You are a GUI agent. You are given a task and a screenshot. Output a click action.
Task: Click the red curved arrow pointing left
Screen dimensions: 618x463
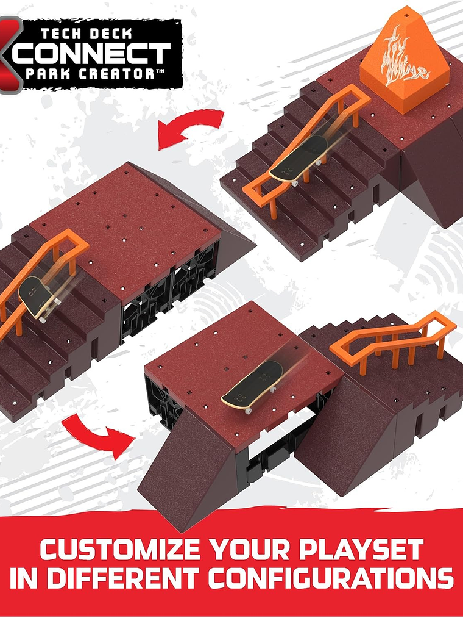189,126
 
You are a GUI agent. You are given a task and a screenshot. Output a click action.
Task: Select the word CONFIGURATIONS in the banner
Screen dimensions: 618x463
341,578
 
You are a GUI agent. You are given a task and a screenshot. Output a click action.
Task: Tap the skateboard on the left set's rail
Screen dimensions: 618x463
38,295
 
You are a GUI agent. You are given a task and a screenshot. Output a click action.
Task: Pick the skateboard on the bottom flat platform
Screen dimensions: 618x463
253,387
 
